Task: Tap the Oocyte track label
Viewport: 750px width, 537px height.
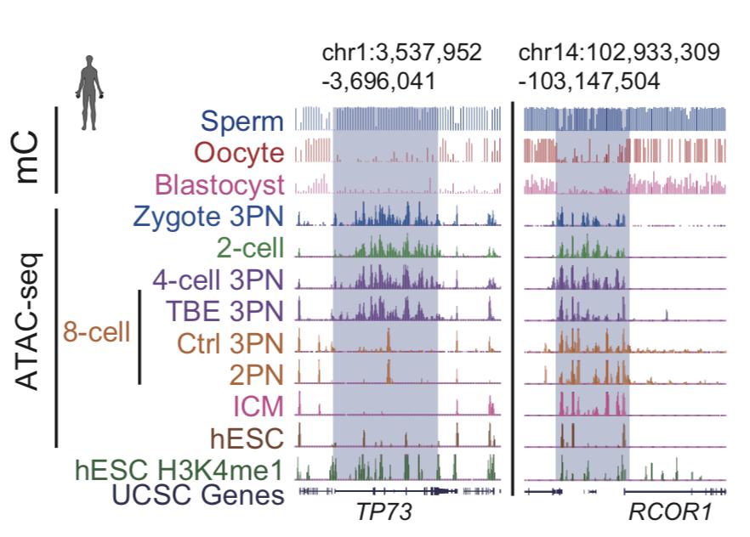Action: (x=238, y=153)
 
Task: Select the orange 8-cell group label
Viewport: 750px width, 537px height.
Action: (x=96, y=331)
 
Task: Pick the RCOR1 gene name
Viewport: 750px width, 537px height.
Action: (x=667, y=513)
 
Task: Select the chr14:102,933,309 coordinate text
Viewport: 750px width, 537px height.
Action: (x=619, y=53)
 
